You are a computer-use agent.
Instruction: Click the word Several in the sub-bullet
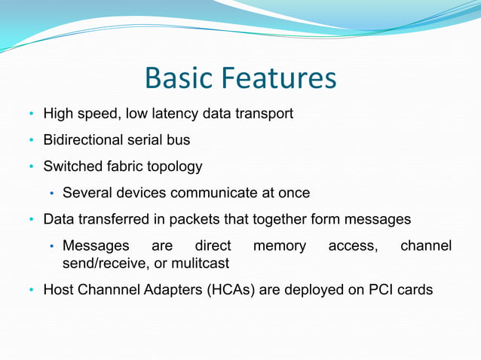(x=87, y=193)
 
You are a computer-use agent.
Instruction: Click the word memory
(x=280, y=246)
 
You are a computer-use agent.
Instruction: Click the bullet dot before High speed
(x=32, y=114)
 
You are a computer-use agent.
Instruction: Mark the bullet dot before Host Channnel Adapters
(x=32, y=290)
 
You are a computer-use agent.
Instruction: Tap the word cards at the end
(x=415, y=289)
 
